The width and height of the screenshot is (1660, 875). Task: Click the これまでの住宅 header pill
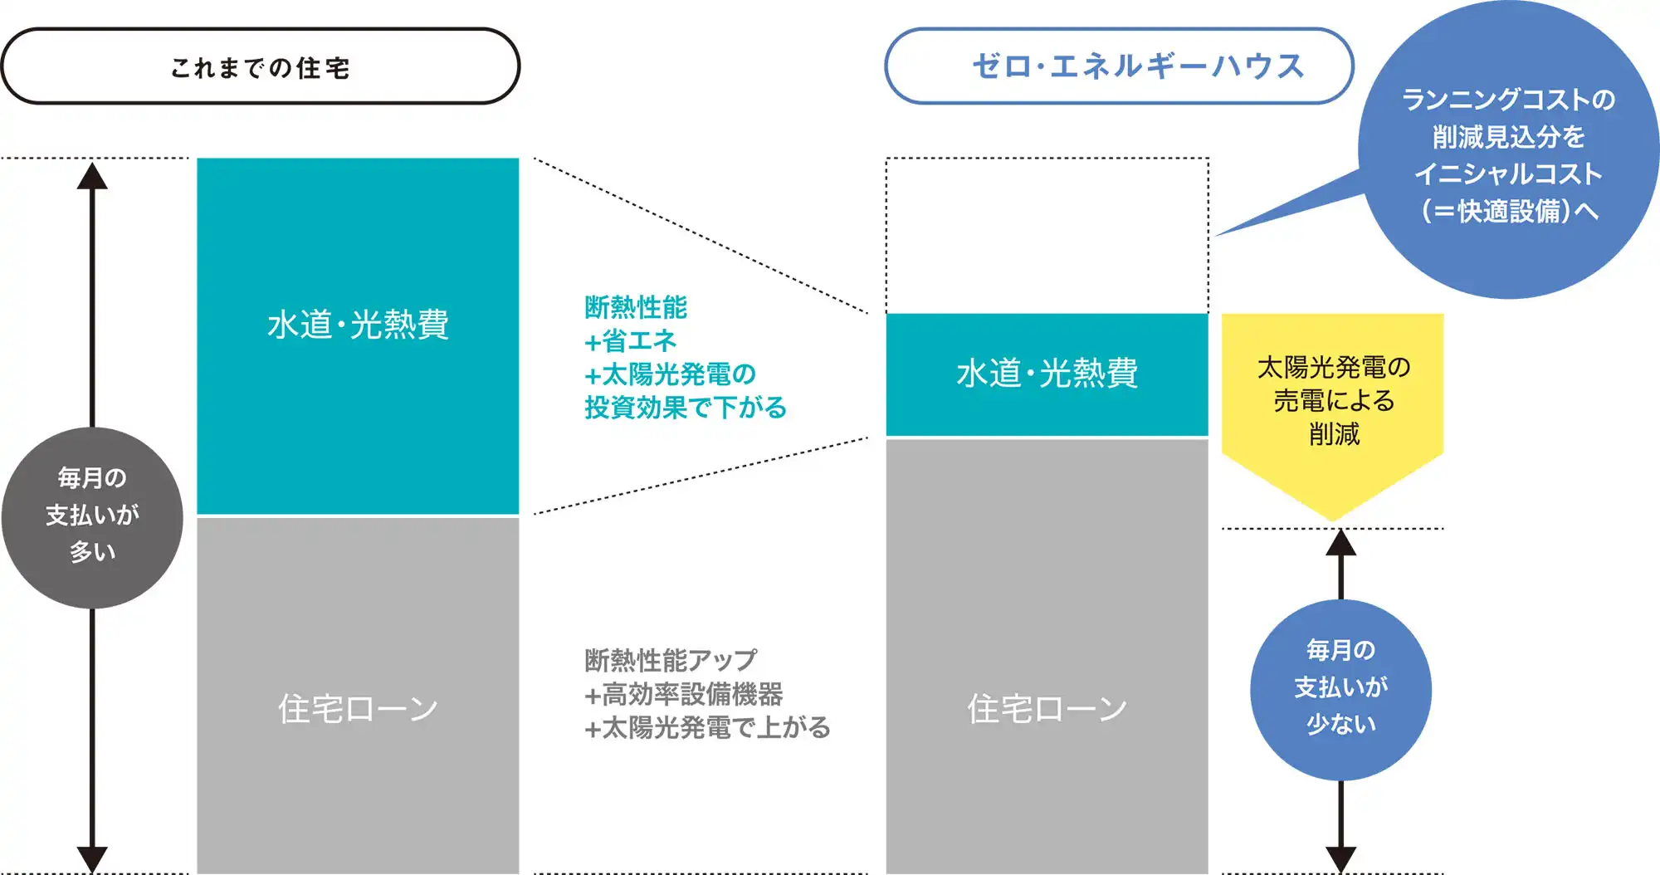pos(260,66)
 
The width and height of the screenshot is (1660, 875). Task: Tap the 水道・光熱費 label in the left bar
pos(358,325)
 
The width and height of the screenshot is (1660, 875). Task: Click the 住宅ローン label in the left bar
pos(358,709)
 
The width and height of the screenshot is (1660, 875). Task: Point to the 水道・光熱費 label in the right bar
pos(1047,374)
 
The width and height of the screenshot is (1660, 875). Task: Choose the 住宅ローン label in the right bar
pos(1047,709)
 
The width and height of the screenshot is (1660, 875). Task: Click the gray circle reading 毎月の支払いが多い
pos(92,517)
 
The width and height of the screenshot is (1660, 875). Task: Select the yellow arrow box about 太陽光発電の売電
pos(1333,407)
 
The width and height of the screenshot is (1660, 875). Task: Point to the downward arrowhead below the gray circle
pos(92,858)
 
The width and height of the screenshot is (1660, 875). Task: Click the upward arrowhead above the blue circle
pos(1340,543)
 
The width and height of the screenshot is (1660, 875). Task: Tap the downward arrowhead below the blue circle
pos(1340,858)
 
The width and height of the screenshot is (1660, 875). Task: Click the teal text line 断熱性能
pos(636,307)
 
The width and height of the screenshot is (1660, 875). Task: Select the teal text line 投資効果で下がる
pos(686,408)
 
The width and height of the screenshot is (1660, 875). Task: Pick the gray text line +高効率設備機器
pos(684,694)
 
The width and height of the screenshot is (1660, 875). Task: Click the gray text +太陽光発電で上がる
pos(707,728)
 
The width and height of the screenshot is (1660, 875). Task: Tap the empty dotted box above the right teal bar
pos(1047,235)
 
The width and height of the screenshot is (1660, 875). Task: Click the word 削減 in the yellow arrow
pos(1334,434)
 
